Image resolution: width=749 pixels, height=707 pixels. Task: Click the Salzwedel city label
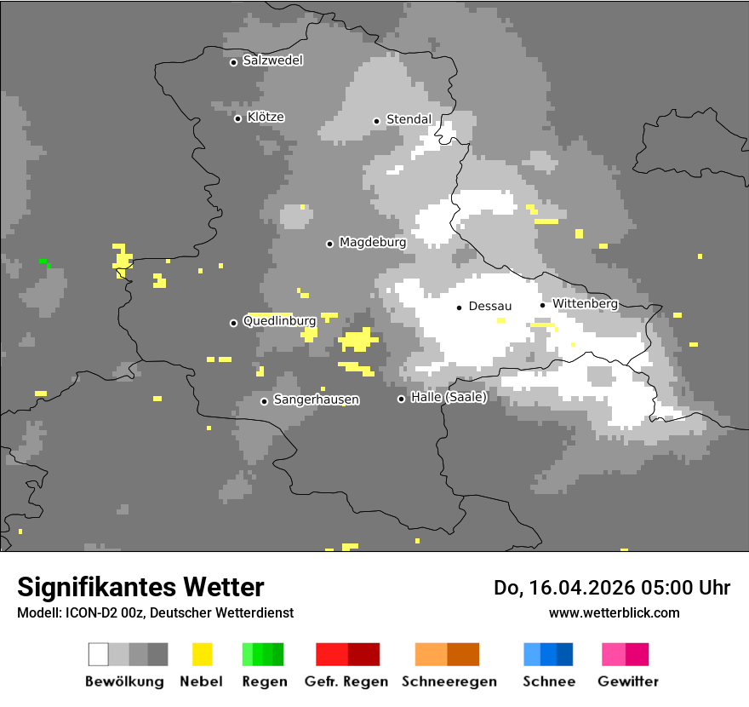tap(272, 60)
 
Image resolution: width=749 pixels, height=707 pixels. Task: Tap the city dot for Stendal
tap(376, 120)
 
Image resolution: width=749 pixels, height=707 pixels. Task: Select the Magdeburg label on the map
tap(373, 243)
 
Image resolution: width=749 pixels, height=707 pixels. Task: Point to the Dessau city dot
tap(459, 307)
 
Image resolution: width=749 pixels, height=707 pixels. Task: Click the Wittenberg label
tap(585, 303)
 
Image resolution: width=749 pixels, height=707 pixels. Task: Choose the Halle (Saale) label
tap(449, 397)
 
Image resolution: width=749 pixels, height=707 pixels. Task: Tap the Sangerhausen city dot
tap(264, 401)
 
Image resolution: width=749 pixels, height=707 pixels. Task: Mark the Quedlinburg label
tap(279, 321)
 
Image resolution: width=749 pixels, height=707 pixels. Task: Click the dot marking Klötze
tap(237, 118)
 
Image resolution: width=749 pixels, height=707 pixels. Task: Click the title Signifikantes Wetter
tap(140, 587)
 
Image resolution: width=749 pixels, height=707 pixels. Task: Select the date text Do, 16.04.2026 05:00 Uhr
tap(612, 588)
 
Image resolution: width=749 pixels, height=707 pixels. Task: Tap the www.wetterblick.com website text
tap(614, 612)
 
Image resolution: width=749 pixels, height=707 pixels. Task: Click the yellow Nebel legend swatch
tap(202, 654)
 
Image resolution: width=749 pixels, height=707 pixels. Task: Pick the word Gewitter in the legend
tap(627, 681)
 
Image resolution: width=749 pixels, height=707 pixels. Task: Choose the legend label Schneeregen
tap(449, 681)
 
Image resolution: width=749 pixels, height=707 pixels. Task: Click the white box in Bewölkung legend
tap(99, 654)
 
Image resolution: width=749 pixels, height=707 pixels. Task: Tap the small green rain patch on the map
tap(43, 262)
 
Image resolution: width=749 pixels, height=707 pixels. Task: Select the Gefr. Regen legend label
tap(346, 681)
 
